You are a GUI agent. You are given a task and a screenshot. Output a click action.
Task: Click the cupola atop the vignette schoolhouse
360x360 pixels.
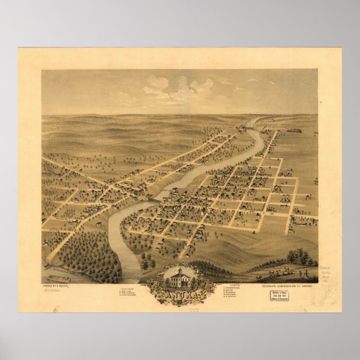[180, 269]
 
